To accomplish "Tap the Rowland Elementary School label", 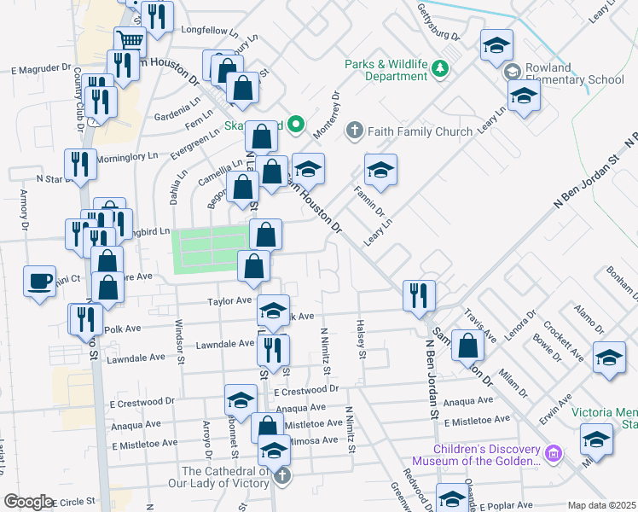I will click(576, 80).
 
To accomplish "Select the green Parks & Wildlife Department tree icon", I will click(439, 68).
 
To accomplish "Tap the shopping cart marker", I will click(130, 40).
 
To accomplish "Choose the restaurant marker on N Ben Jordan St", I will click(418, 295).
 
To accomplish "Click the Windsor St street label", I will click(179, 339).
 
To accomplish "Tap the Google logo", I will click(29, 502).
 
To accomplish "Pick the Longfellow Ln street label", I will click(209, 29).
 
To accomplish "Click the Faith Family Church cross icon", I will click(356, 131).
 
